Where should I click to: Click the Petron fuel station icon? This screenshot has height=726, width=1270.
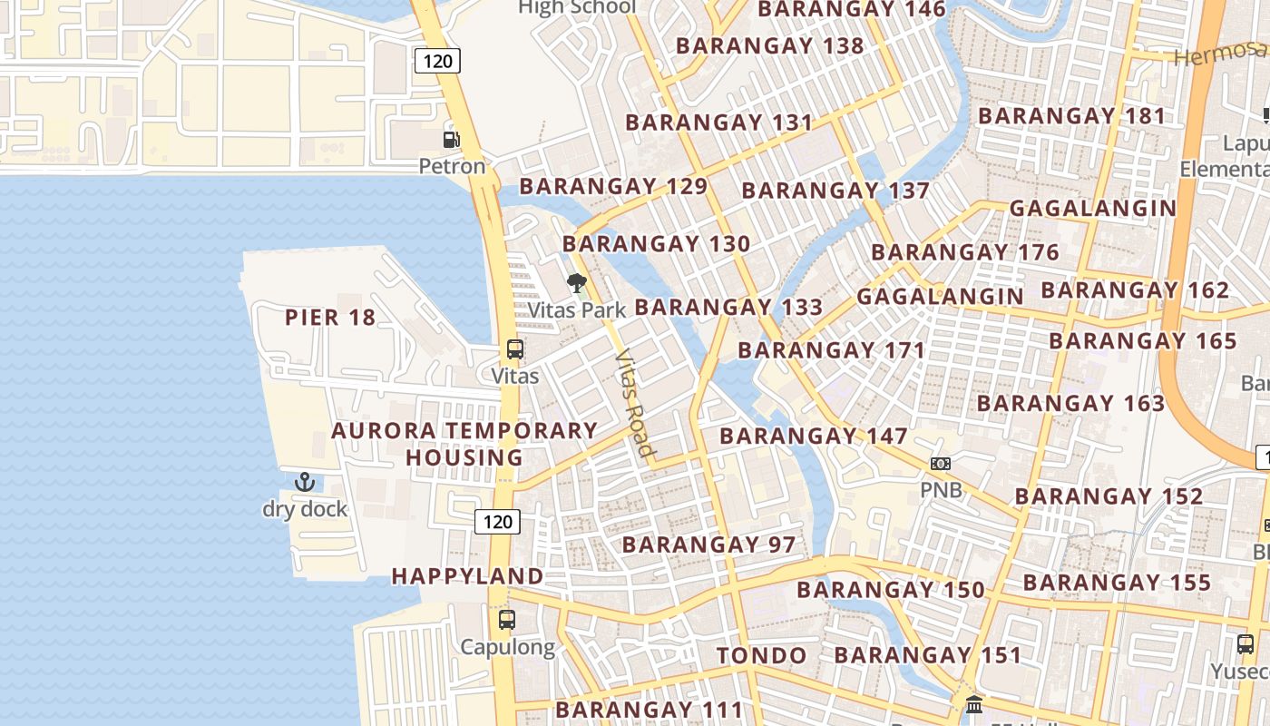tap(451, 139)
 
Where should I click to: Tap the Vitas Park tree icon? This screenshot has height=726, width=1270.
tap(576, 283)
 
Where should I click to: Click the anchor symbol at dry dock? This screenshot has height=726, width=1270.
tap(305, 482)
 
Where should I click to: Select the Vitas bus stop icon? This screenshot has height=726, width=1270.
tap(514, 349)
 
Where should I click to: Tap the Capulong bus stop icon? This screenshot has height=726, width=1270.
tap(507, 620)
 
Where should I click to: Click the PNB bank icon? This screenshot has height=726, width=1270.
tap(940, 464)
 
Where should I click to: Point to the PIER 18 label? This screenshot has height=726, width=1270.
tap(330, 318)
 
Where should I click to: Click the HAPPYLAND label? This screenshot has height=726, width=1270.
tap(467, 576)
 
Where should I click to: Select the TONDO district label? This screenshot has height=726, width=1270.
tap(761, 655)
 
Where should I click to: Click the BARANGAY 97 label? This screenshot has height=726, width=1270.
tap(708, 544)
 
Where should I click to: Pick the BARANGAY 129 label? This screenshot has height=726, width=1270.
tap(613, 186)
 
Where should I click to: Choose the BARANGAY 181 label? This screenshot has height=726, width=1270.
tap(1071, 116)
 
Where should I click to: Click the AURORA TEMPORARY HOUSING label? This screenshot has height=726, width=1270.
tap(464, 444)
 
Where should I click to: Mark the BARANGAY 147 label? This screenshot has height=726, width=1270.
tap(814, 437)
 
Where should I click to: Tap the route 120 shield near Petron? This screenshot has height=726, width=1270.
tap(438, 61)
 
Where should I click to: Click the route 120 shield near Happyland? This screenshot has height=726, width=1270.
tap(497, 521)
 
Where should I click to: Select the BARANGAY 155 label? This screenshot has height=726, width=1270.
tap(1117, 583)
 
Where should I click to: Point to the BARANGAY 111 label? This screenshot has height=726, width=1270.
tap(650, 709)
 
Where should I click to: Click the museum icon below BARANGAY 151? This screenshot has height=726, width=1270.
tap(974, 703)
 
